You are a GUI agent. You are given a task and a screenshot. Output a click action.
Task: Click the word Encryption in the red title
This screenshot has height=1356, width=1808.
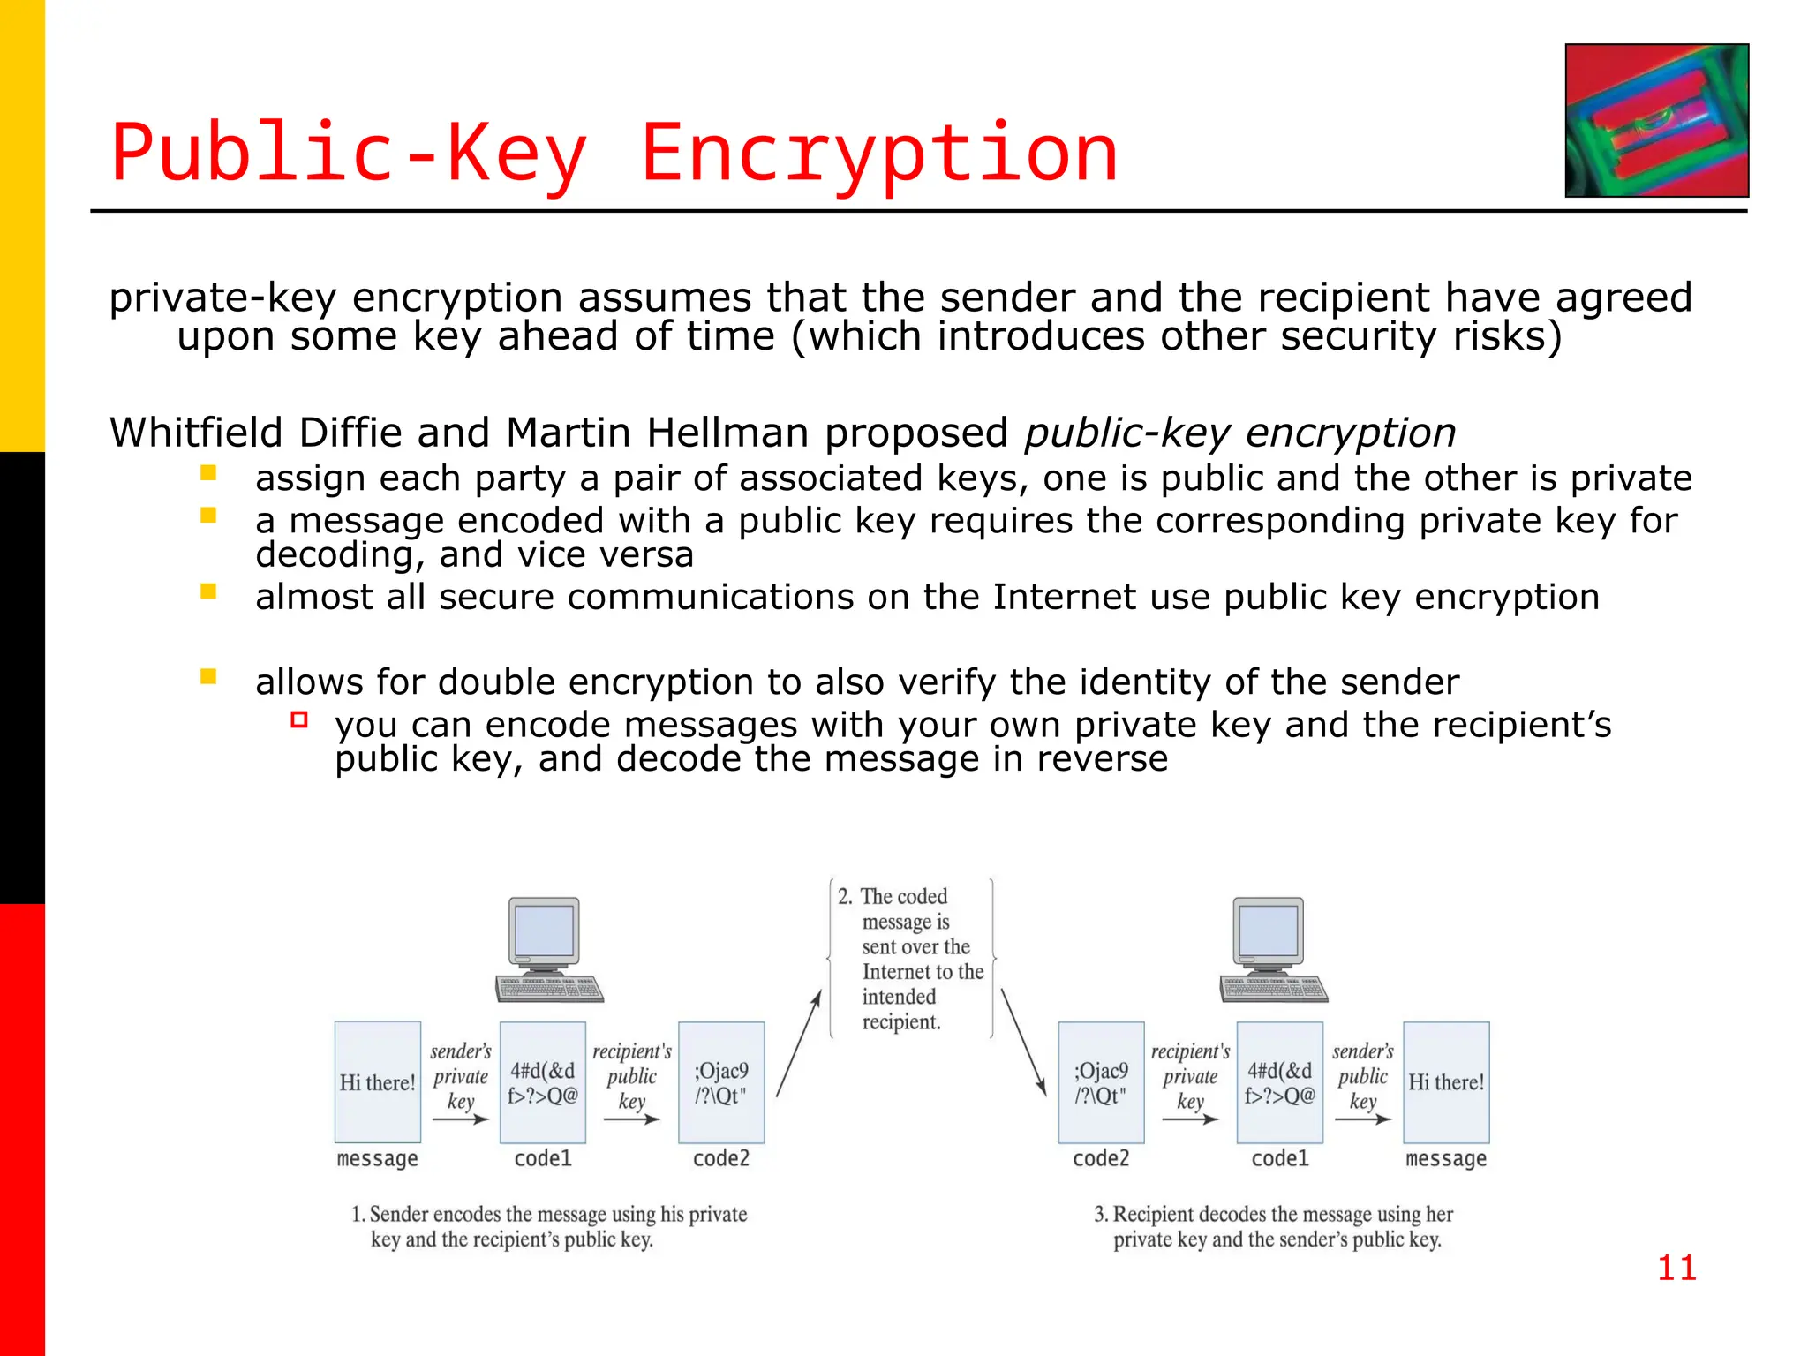pos(878,154)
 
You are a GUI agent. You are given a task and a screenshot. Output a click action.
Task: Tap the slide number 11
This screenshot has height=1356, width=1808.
pos(1676,1268)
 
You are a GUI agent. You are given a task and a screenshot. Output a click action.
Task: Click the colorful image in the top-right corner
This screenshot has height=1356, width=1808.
pos(1656,120)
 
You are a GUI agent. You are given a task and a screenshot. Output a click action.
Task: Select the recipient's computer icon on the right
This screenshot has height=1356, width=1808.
pos(1273,949)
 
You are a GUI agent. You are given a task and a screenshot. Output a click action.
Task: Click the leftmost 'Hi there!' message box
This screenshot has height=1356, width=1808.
pos(378,1082)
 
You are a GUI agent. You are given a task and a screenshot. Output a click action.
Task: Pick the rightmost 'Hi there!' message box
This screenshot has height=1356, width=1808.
pos(1446,1082)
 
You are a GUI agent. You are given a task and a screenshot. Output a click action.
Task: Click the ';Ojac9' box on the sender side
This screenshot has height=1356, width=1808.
pos(721,1082)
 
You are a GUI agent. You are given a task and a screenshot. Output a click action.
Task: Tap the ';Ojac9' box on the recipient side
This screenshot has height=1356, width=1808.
pos(1101,1082)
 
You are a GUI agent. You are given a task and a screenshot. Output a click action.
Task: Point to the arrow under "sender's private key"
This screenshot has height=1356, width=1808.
pos(460,1119)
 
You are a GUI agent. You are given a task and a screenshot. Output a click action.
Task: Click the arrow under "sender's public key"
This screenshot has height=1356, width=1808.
pos(1362,1119)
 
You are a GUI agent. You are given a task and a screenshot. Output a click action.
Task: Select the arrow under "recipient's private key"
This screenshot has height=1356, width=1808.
pos(1189,1119)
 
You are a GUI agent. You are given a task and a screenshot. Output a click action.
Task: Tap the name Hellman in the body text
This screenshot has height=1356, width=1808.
pos(727,433)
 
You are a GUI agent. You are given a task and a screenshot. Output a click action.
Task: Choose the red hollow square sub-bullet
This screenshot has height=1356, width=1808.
pos(299,719)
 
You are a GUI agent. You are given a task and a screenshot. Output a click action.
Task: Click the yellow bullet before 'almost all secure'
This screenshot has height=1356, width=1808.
pos(208,591)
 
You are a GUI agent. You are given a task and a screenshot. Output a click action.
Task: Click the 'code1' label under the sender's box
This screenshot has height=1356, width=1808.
pos(543,1158)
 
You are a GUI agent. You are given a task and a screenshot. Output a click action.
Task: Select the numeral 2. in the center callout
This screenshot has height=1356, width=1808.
pos(845,897)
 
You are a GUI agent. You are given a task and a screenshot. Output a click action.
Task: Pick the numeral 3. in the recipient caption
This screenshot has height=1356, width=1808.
pos(1101,1215)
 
